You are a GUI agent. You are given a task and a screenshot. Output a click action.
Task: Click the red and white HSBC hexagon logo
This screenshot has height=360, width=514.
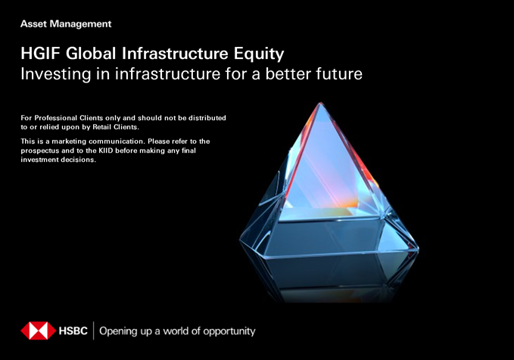pos(39,331)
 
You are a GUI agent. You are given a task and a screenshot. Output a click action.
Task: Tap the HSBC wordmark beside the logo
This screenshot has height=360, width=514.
pos(73,331)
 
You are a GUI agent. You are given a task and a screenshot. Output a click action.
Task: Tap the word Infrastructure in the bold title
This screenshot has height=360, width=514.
pos(175,54)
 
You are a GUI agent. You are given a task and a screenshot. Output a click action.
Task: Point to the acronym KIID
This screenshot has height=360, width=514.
pos(106,151)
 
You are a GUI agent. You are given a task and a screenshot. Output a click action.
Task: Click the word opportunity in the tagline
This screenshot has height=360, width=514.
pos(229,331)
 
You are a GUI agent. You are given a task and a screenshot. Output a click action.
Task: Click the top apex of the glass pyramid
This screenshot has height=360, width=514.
pos(319,103)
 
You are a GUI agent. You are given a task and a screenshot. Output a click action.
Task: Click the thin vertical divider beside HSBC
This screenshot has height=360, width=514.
pos(94,331)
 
